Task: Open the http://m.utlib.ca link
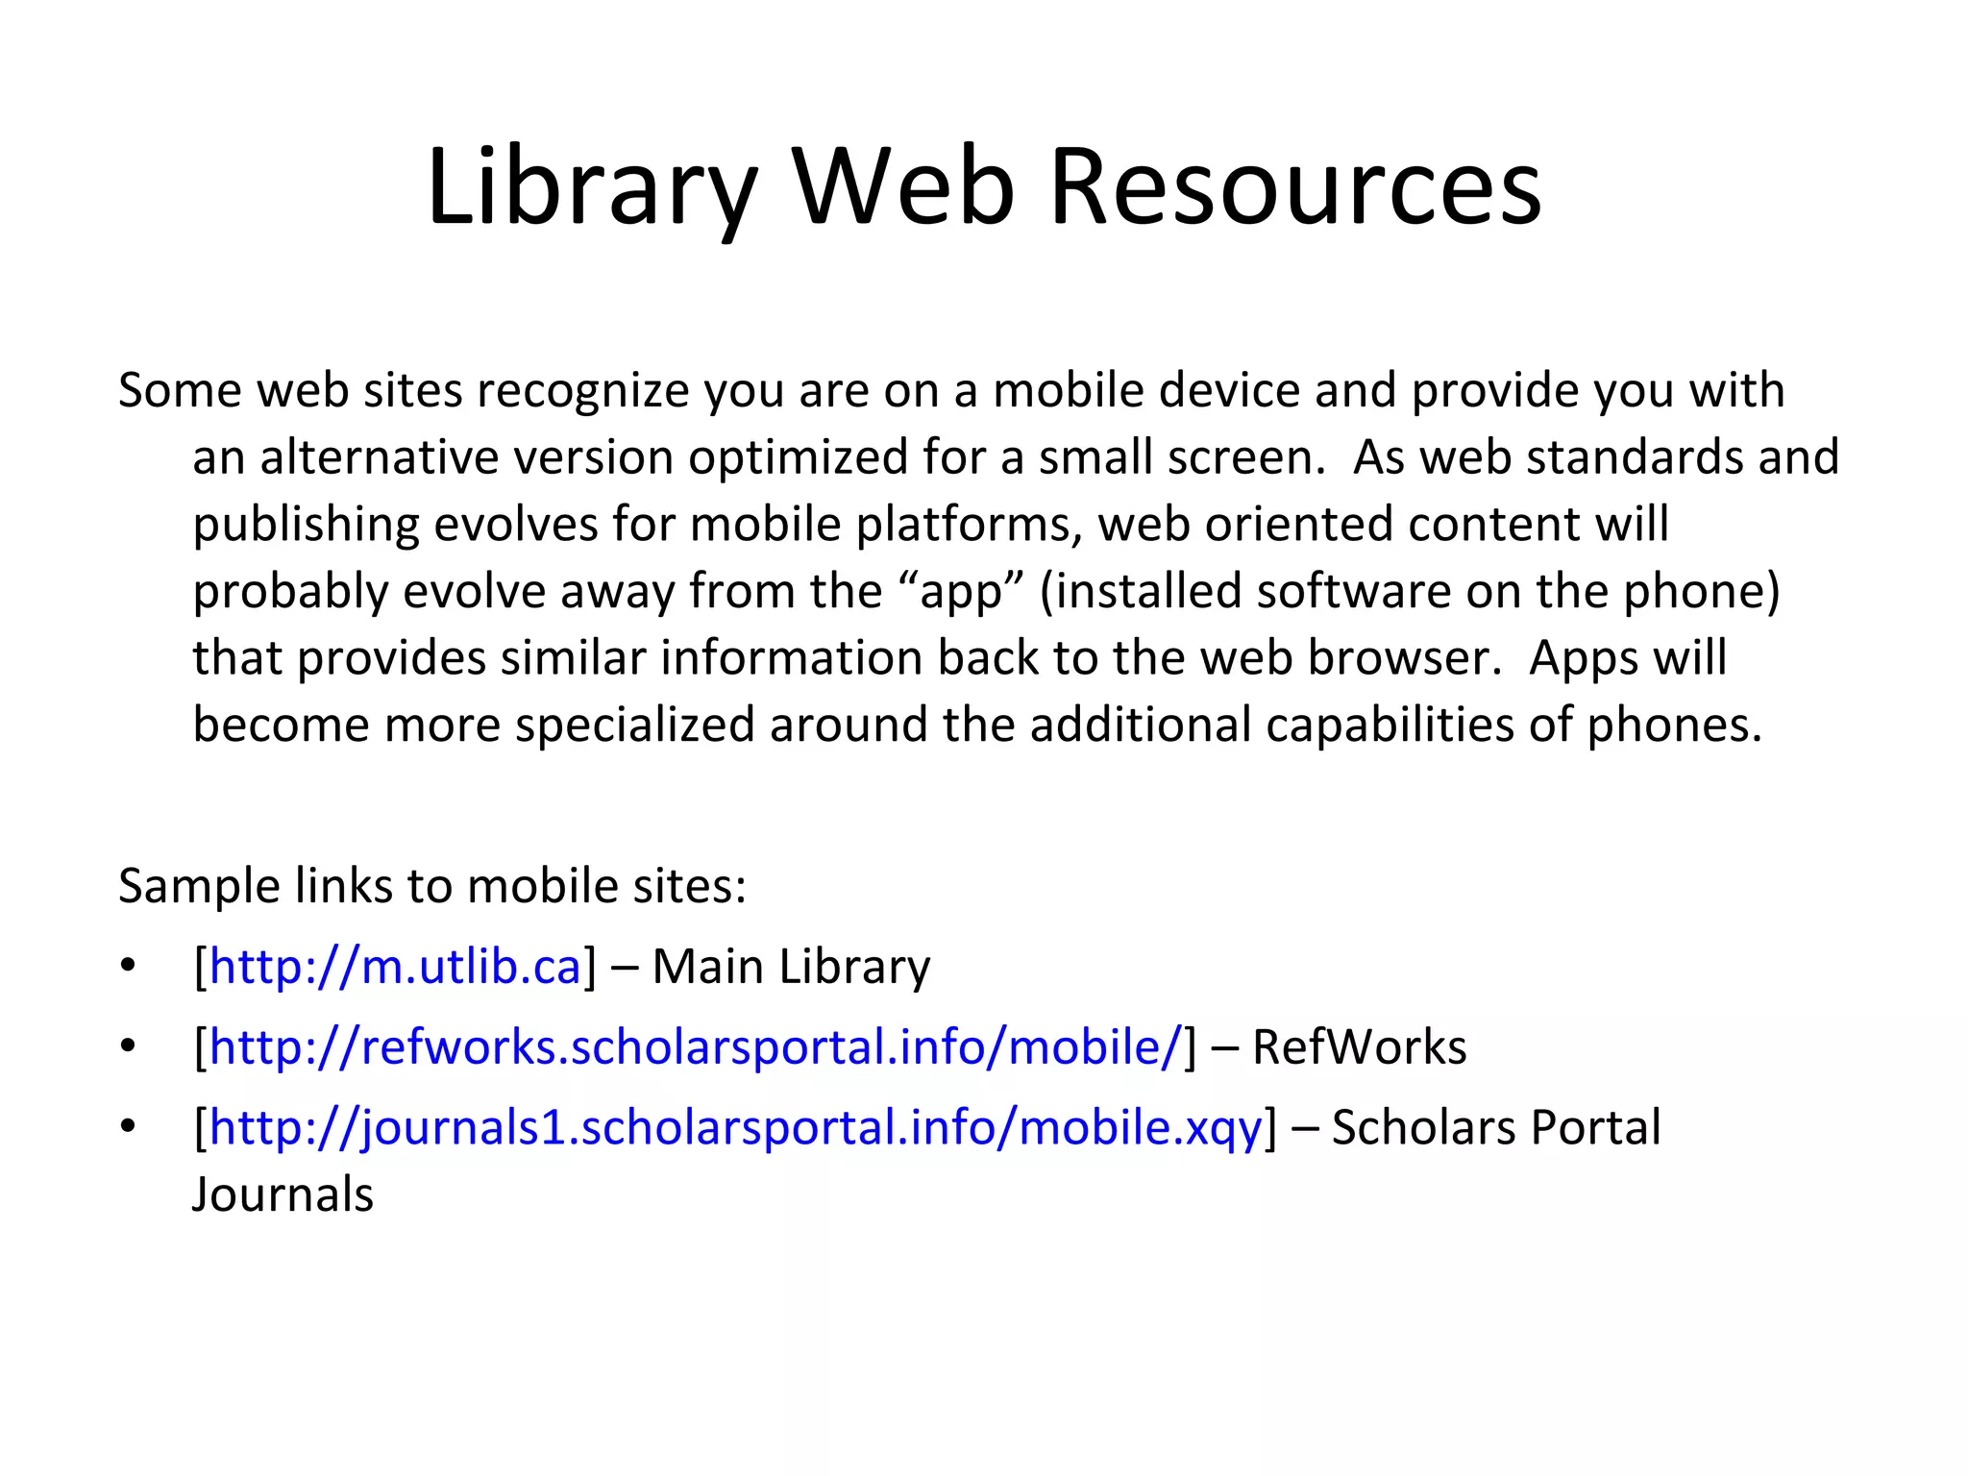click(x=395, y=966)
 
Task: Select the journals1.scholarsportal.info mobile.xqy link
click(x=735, y=1127)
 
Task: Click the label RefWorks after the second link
click(x=1359, y=1046)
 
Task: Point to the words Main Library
click(x=791, y=966)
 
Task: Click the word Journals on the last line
click(x=283, y=1194)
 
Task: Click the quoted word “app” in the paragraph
click(x=964, y=591)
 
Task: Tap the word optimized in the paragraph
click(x=798, y=457)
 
